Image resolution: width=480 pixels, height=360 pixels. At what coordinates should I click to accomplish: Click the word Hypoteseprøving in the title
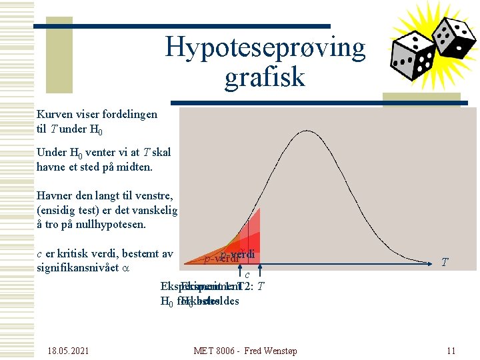pyautogui.click(x=265, y=47)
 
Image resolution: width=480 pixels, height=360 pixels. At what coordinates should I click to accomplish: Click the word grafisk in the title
pyautogui.click(x=265, y=77)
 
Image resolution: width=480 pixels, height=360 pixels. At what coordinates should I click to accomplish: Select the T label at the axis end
pyautogui.click(x=445, y=263)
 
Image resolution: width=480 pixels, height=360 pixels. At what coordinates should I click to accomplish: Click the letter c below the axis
pyautogui.click(x=247, y=274)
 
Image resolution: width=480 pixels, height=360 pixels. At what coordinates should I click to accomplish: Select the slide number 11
pyautogui.click(x=451, y=350)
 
